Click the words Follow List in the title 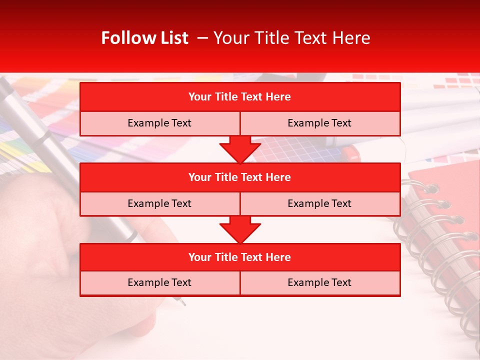coord(144,38)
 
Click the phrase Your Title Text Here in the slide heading coord(292,38)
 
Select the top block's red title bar coord(240,97)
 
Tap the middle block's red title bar coord(240,177)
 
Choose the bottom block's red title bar coord(240,257)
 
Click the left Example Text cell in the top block coord(159,123)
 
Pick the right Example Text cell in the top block coord(320,123)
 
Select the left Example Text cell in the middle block coord(159,203)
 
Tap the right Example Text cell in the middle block coord(320,203)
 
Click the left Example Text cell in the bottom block coord(159,283)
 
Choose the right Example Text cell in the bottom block coord(320,283)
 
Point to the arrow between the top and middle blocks coord(240,149)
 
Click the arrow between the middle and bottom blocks coord(240,230)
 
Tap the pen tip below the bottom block coord(183,302)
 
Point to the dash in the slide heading coord(202,38)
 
